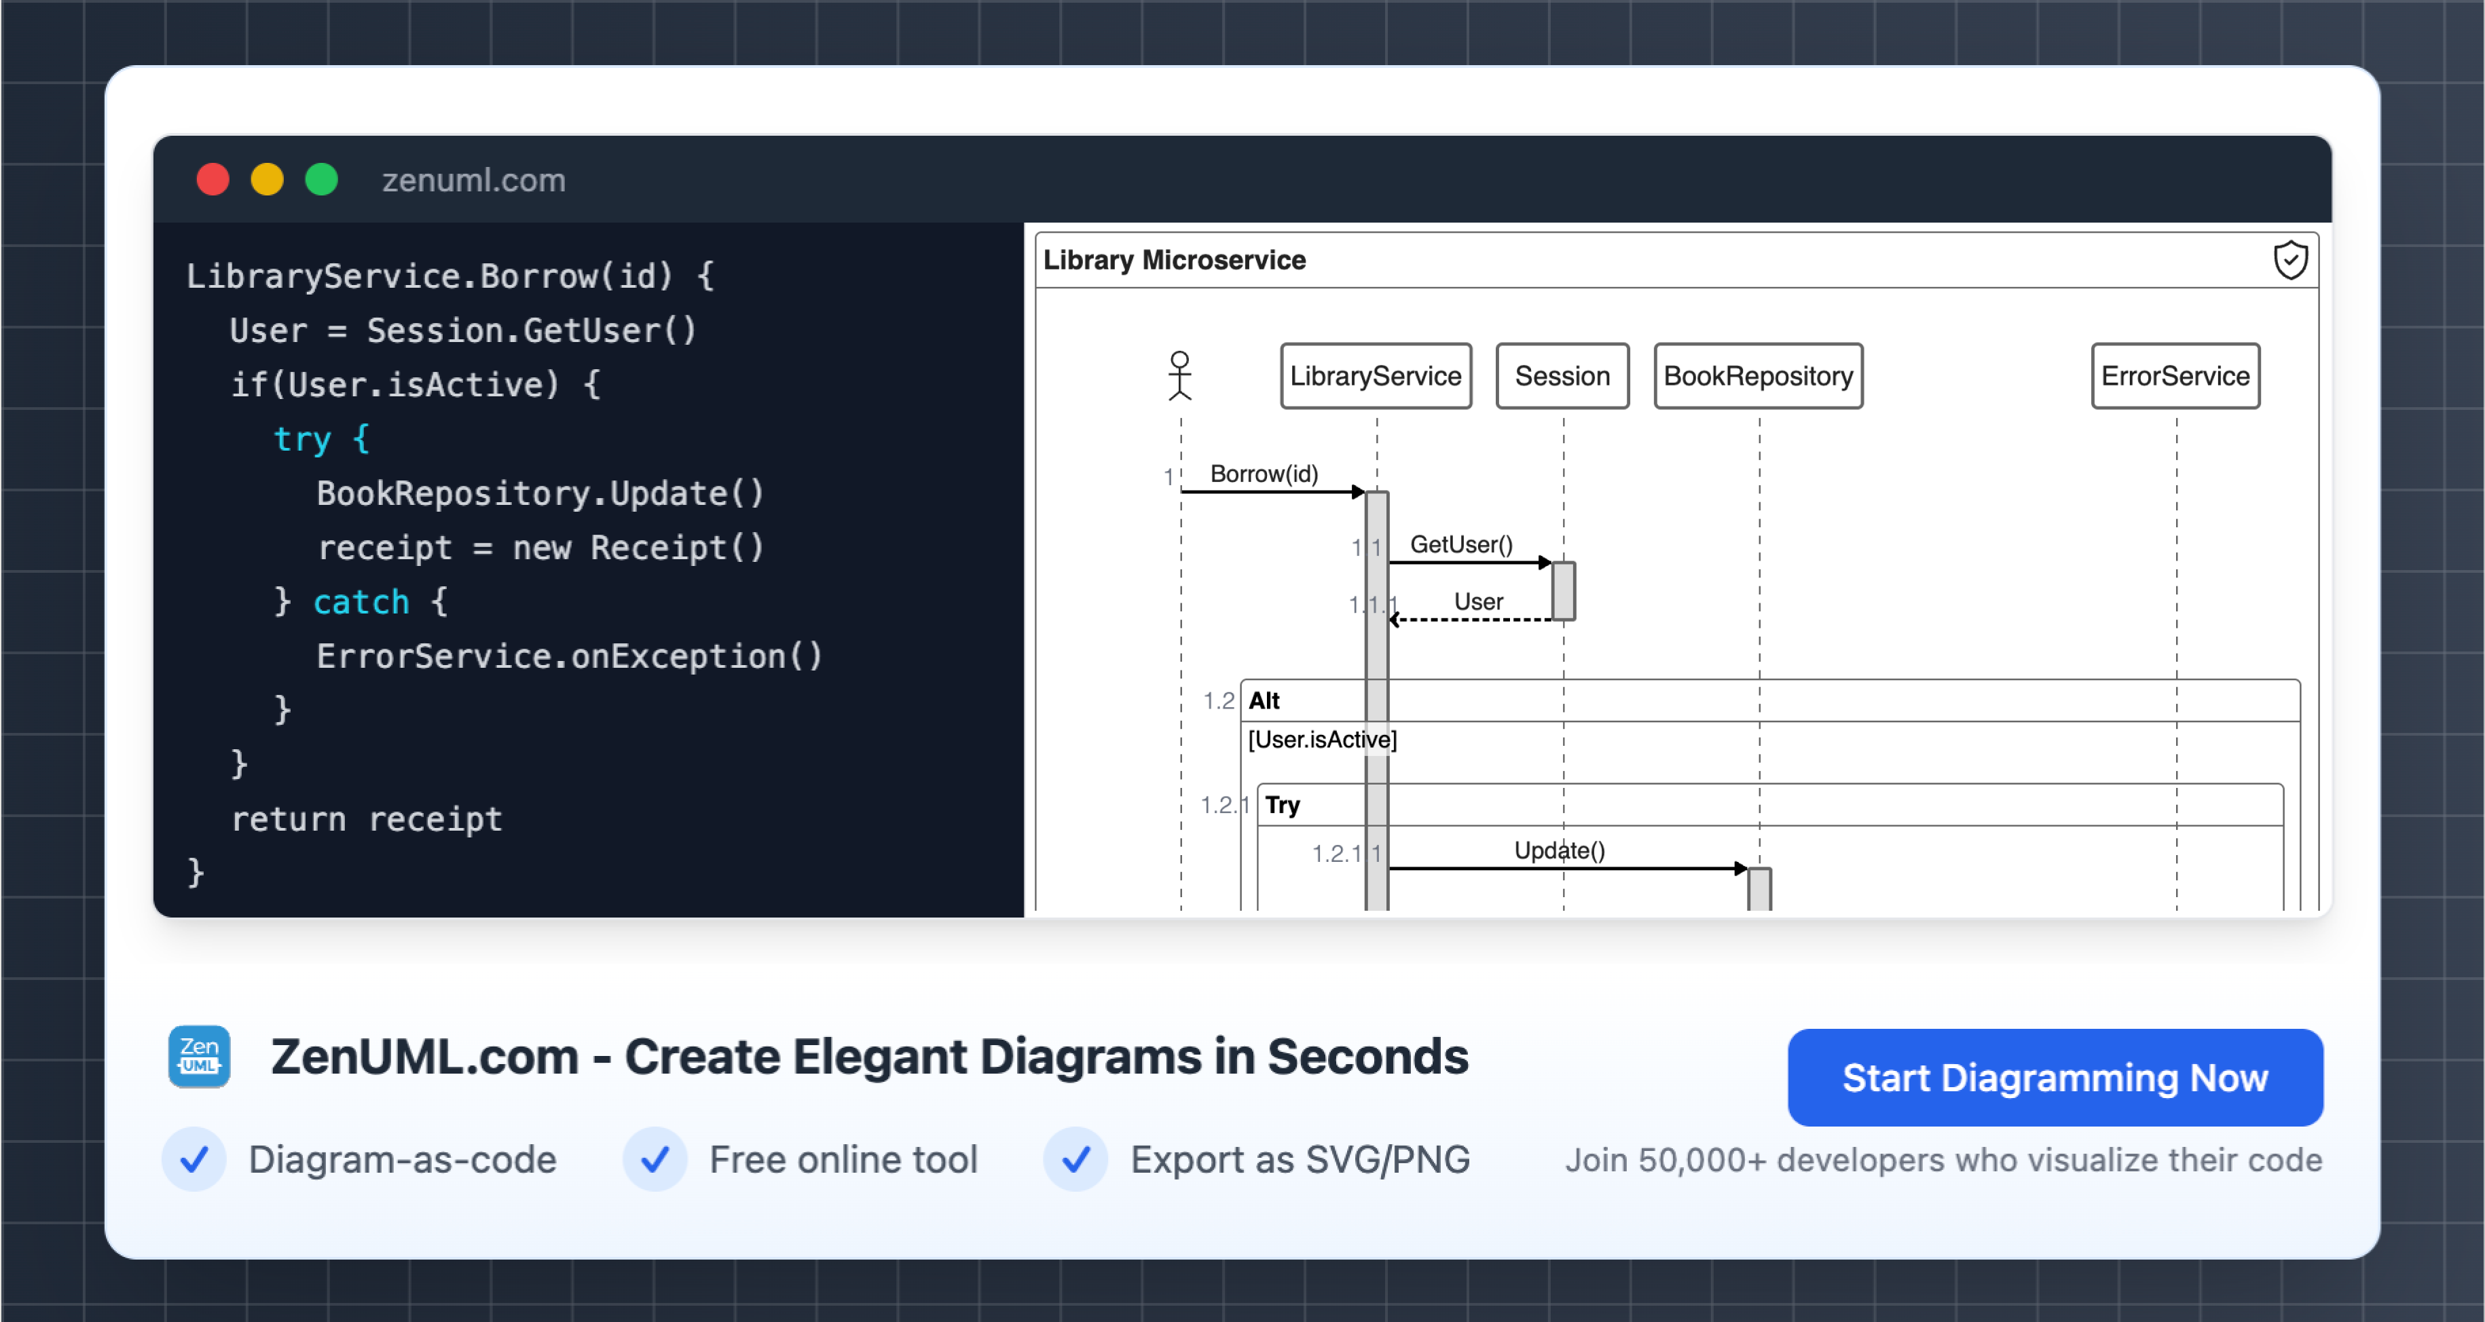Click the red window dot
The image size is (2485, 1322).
coord(213,179)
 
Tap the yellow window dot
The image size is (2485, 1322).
coord(268,179)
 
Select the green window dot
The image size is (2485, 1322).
coord(321,179)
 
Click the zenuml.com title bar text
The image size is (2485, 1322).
coord(474,181)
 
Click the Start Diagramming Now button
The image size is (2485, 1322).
coord(2055,1077)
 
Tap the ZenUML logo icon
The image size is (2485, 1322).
coord(199,1056)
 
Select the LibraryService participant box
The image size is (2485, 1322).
coord(1376,376)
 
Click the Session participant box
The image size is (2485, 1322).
coord(1562,376)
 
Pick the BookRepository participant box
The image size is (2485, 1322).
coord(1758,376)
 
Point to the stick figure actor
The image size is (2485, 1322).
coord(1180,375)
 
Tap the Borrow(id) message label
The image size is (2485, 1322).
coord(1264,474)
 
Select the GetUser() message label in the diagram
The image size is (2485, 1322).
coord(1460,545)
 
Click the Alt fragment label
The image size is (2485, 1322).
coord(1264,701)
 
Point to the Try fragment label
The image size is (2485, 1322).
coord(1282,805)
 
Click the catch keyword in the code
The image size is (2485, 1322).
coord(362,602)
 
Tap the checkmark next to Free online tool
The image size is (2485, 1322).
coord(655,1159)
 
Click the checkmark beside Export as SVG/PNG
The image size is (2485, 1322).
coord(1075,1159)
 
